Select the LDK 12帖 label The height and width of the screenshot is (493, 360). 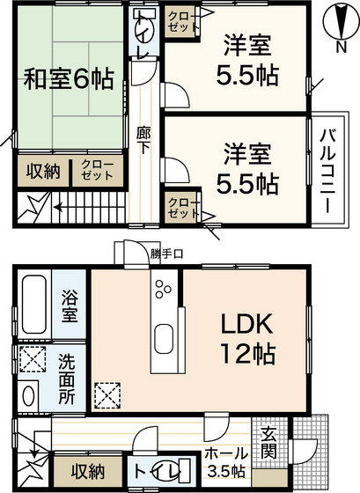[x=247, y=337]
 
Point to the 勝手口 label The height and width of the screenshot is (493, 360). [x=166, y=254]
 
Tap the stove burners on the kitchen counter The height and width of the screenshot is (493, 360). [x=165, y=287]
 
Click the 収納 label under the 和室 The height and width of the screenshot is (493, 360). [x=41, y=170]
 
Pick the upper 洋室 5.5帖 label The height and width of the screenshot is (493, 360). [x=249, y=57]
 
